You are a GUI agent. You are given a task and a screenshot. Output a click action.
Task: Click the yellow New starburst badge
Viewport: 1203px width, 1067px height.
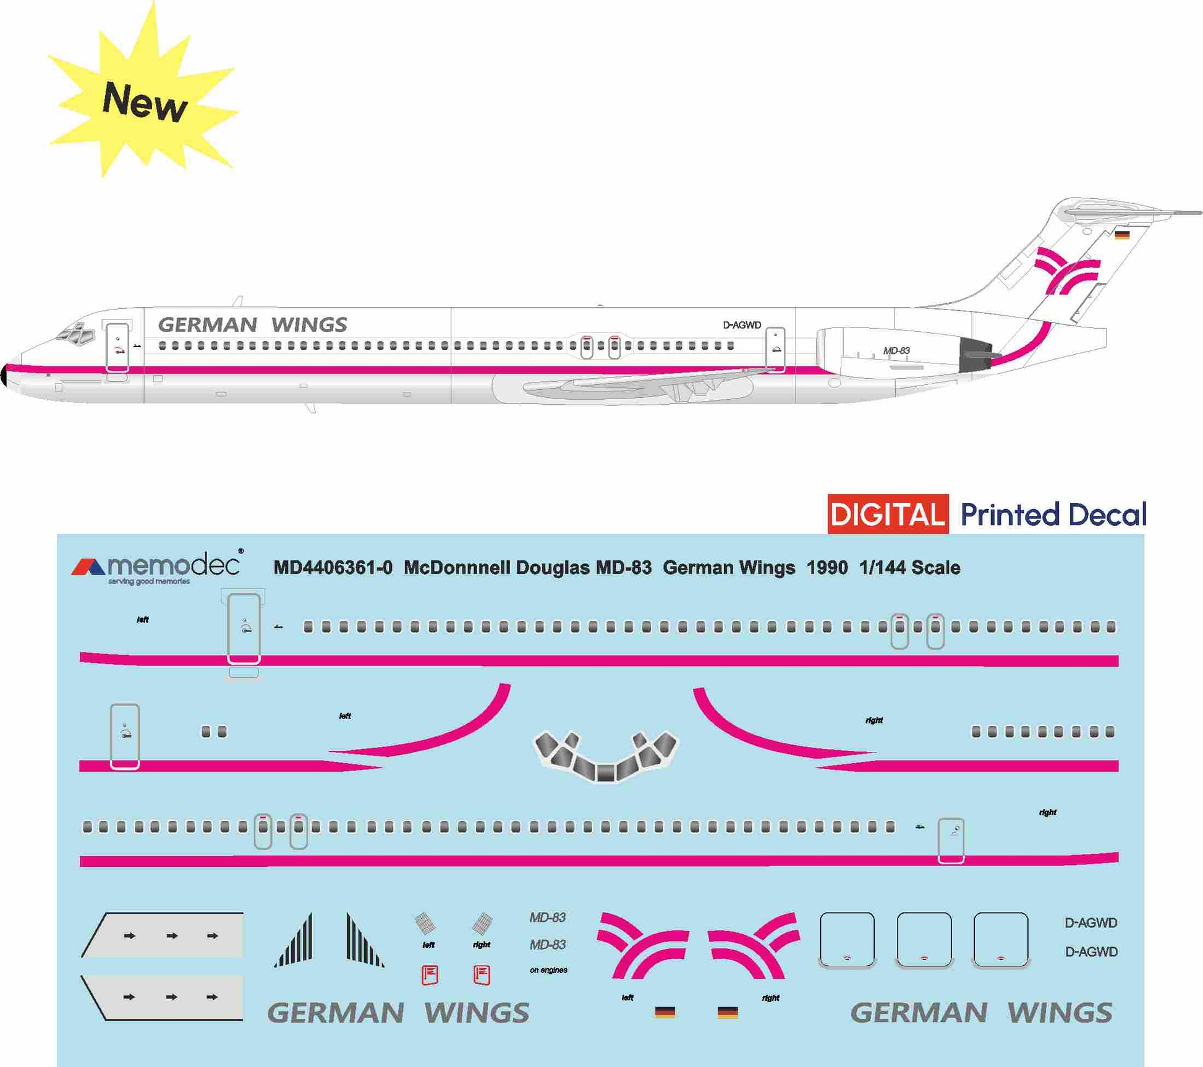click(x=143, y=99)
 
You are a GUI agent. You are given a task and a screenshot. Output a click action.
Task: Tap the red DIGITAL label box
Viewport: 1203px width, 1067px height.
click(x=888, y=514)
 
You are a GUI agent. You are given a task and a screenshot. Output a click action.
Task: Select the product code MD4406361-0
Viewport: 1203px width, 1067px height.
click(x=333, y=568)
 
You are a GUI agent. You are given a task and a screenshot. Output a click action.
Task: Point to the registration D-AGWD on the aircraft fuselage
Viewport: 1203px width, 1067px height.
click(x=742, y=325)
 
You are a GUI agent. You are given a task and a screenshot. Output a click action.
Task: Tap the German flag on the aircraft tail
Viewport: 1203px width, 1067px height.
click(x=1122, y=235)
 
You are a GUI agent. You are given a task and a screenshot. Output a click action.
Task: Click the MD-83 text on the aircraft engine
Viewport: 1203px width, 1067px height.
click(x=896, y=350)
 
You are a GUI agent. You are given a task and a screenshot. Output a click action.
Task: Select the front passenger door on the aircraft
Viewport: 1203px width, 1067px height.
click(x=117, y=348)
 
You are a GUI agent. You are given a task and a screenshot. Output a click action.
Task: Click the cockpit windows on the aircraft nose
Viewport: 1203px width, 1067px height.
click(x=77, y=334)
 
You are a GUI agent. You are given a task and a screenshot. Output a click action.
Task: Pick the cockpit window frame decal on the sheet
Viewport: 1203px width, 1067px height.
click(x=605, y=757)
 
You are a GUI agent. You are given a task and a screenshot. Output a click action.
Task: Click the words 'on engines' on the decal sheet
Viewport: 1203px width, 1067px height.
click(x=548, y=970)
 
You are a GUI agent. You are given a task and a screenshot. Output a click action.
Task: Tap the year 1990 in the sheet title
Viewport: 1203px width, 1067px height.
click(x=827, y=568)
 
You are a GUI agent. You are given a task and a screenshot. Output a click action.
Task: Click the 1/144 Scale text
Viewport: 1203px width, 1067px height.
click(x=909, y=568)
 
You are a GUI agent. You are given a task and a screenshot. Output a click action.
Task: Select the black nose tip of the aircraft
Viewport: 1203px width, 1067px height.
click(x=4, y=375)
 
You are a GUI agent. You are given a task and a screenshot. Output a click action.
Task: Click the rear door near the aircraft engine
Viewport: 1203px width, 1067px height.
click(x=775, y=350)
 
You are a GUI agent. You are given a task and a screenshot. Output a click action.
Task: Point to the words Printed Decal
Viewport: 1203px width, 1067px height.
click(x=1053, y=515)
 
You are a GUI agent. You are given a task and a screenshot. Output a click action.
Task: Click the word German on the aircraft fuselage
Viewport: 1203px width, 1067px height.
click(x=208, y=325)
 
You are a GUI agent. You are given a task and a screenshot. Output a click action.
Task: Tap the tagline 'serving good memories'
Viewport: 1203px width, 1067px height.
click(x=149, y=581)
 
